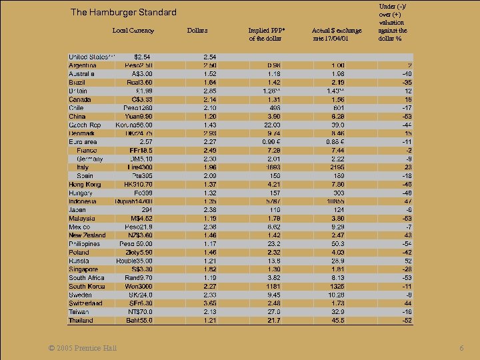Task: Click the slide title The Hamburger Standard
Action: pos(123,12)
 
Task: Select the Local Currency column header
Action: pos(133,30)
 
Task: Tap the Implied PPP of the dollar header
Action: pos(265,34)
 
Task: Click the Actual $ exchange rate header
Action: pos(337,34)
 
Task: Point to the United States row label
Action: pos(92,57)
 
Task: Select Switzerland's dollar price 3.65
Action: pos(209,303)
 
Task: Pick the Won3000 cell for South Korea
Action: pos(139,286)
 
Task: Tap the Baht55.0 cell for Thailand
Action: pos(139,320)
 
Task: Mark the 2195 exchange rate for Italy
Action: pos(338,167)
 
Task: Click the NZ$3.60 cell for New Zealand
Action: pos(139,235)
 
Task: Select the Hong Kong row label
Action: pos(85,184)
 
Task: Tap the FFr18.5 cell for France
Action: pos(141,150)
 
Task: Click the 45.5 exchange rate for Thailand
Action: pos(338,320)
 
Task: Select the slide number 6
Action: pos(461,349)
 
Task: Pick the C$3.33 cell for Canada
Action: pos(140,99)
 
